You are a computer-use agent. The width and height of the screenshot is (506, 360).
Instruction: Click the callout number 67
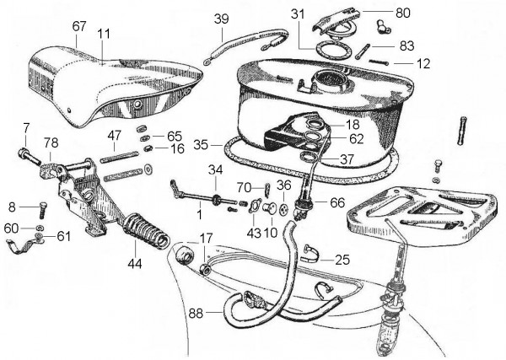[79, 26]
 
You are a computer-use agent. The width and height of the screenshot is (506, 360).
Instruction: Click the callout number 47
[115, 134]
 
